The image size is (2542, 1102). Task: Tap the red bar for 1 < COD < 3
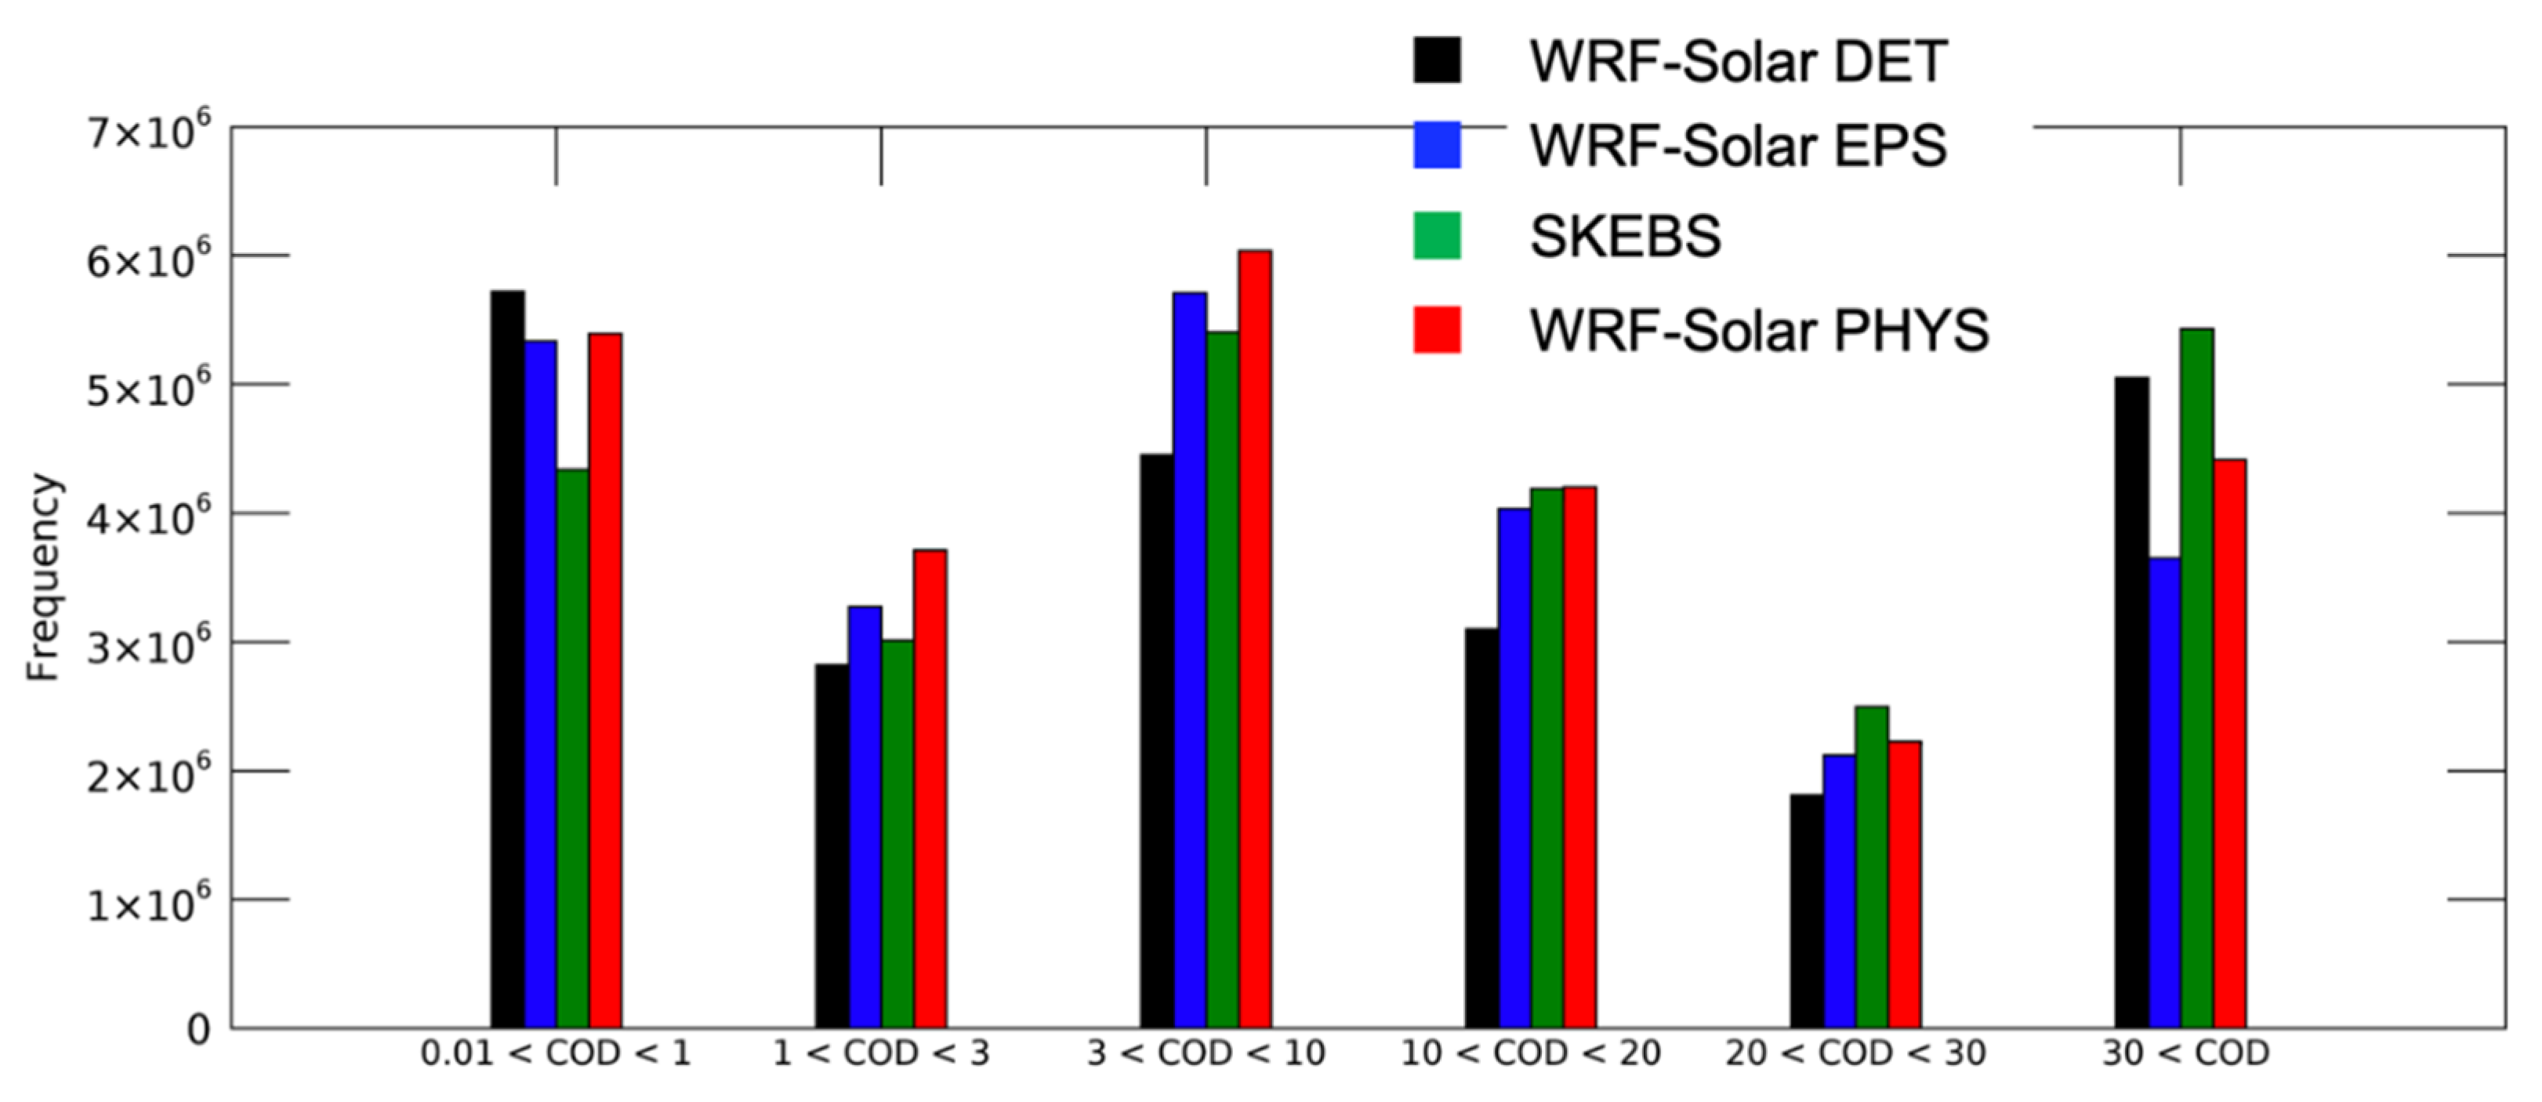point(930,788)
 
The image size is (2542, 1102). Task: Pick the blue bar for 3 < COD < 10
point(1189,660)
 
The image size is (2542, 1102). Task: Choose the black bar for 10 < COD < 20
point(1481,828)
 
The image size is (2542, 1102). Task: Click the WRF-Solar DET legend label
point(1738,61)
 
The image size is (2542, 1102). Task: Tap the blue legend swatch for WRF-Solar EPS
point(1436,145)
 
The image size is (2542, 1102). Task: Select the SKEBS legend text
point(1624,236)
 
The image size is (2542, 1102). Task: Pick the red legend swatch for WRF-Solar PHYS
point(1436,328)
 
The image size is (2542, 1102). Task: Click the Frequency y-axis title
point(43,577)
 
